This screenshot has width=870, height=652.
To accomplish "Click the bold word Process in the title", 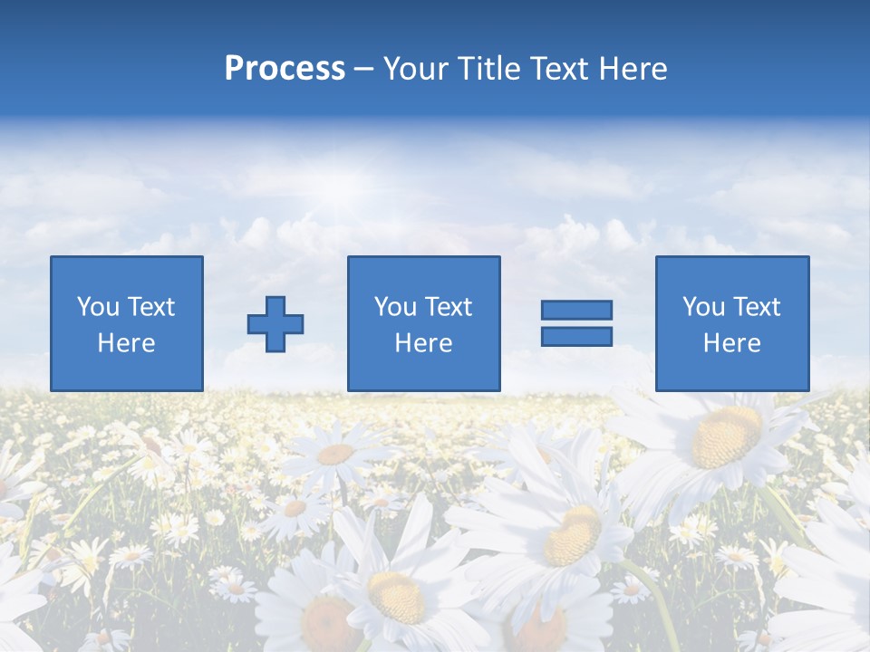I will pyautogui.click(x=285, y=69).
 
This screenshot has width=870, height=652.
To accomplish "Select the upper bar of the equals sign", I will pyautogui.click(x=576, y=310).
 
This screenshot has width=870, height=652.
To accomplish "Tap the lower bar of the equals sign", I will pyautogui.click(x=576, y=336).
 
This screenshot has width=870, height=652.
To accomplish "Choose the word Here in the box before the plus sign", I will pyautogui.click(x=126, y=343).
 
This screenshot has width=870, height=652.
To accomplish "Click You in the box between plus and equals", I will pyautogui.click(x=395, y=307).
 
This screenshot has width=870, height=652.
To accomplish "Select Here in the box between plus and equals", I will pyautogui.click(x=423, y=343).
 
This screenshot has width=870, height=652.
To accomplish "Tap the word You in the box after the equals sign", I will pyautogui.click(x=703, y=307).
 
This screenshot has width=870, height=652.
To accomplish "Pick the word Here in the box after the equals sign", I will pyautogui.click(x=731, y=343).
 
